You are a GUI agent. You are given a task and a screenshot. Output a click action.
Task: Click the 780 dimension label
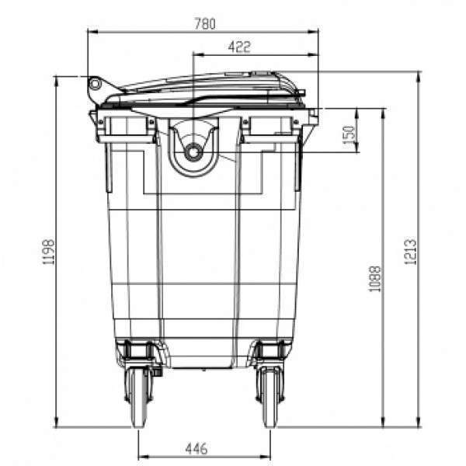205,24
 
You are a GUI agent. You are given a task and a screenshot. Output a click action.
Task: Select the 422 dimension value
239,47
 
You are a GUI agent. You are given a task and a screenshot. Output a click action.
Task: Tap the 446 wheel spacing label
196,448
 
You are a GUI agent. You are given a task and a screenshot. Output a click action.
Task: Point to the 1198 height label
48,252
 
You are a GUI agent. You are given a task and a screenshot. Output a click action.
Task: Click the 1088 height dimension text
374,279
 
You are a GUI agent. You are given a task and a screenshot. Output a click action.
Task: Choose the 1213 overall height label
410,251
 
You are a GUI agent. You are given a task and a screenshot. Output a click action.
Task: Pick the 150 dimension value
349,134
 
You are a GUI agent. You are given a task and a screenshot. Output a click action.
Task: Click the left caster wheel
139,397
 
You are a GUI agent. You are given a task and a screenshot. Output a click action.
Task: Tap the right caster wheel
270,397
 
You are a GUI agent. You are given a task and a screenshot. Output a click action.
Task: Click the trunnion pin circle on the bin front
193,152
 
